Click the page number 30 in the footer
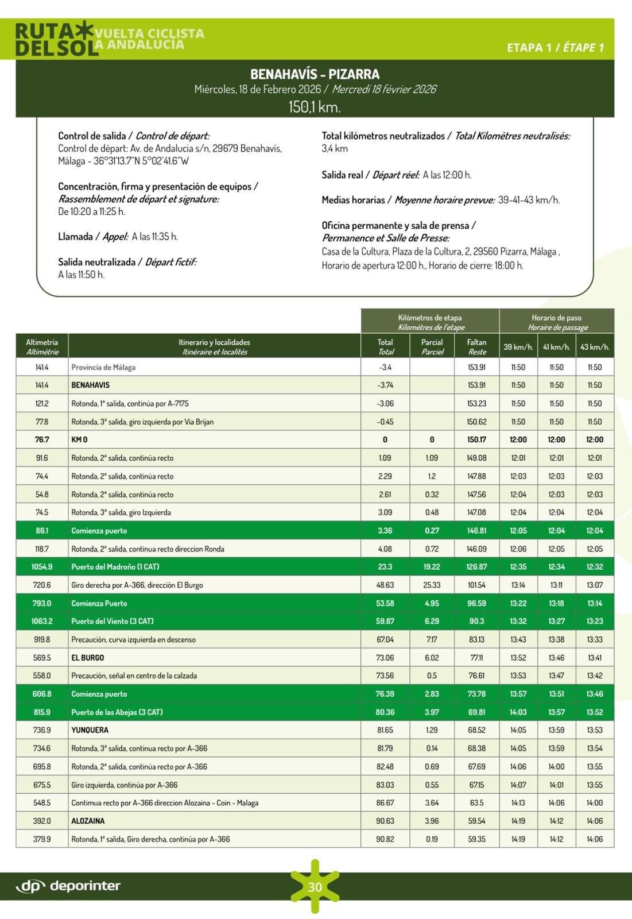315,887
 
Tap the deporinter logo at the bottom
68,886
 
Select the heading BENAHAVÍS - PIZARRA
315,74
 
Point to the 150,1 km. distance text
315,106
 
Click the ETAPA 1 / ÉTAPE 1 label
555,48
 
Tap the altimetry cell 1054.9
42,567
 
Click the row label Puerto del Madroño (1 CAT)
115,567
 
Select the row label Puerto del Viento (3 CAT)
113,621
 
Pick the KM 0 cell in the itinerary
79,440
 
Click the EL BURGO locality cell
88,658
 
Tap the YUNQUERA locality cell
90,730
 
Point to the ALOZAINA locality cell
88,821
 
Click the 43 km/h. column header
595,347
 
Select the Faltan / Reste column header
477,347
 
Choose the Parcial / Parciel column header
432,347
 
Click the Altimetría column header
42,347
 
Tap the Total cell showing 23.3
385,567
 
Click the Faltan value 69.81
476,712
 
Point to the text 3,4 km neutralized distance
334,149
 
